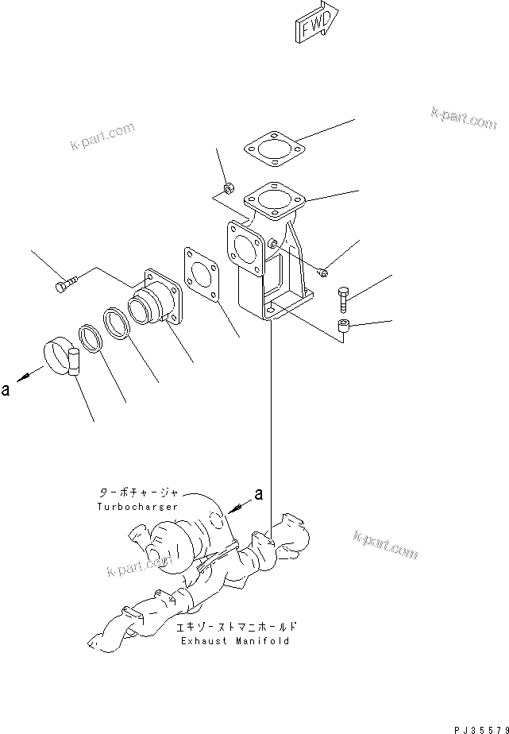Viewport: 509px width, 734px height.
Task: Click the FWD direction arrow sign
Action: (315, 21)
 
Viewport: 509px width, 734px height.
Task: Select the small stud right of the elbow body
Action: (322, 272)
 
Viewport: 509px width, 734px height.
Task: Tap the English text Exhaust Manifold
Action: (234, 640)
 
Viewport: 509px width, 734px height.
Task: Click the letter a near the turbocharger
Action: (258, 495)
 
